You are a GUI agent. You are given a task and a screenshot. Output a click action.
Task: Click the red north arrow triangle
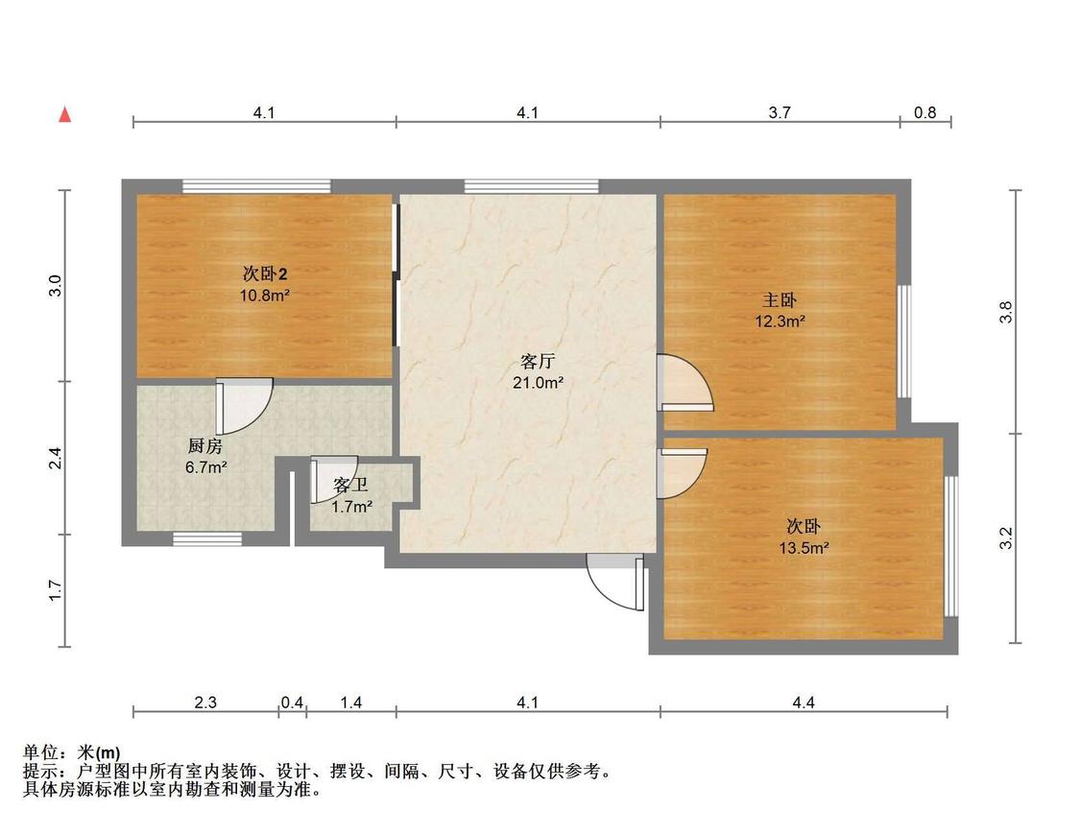coord(64,114)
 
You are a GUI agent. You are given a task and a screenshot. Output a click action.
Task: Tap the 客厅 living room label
coord(538,362)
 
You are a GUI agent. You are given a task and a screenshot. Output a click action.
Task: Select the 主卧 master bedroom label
coord(780,300)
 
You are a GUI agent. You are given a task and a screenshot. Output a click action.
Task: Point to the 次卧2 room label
coord(265,274)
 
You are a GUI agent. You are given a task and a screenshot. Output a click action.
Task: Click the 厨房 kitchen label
coord(205,446)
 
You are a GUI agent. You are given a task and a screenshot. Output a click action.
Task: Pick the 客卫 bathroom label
coord(350,486)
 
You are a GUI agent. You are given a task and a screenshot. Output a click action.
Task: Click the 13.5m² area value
coord(804,548)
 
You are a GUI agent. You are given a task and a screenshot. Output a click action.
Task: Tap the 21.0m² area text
coord(538,383)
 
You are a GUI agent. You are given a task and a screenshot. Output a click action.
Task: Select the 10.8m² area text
coord(265,296)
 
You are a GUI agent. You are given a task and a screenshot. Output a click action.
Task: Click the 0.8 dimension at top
coord(925,112)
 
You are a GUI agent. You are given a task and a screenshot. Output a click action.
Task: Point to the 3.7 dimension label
coord(780,112)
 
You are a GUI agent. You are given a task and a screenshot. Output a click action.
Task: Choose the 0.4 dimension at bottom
coord(292,703)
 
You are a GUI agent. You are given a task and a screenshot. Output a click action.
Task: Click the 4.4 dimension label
coord(804,703)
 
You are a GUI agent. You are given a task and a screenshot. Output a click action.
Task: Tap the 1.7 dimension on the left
coord(56,591)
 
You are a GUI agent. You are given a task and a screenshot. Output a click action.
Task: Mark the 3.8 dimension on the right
coord(1006,312)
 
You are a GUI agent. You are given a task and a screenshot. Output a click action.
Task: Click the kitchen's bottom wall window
coord(207,539)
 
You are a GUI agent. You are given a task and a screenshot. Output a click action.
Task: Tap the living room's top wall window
coord(531,186)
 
